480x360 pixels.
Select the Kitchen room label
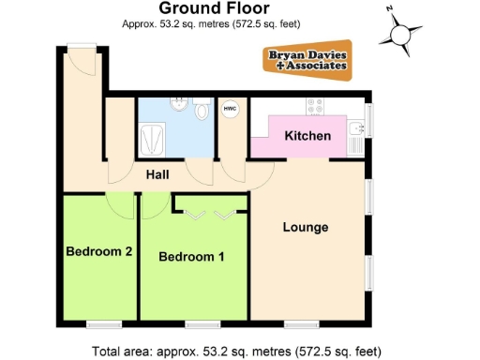307,137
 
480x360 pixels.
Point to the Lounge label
306,227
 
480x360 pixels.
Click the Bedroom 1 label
190,256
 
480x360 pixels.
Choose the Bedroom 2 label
97,250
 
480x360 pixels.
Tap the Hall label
157,173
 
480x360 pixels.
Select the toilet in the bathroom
203,112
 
